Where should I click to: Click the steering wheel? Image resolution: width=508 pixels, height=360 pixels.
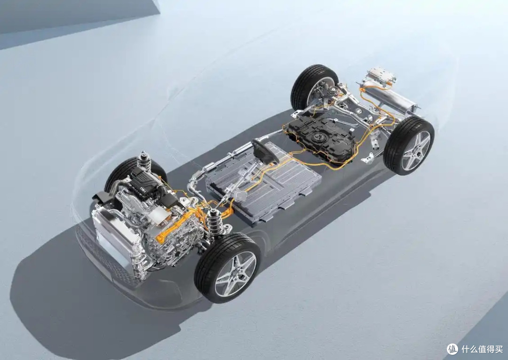[264, 152]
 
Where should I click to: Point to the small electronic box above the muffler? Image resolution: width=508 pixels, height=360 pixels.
[381, 75]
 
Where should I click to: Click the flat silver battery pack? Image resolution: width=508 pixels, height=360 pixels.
[264, 183]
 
